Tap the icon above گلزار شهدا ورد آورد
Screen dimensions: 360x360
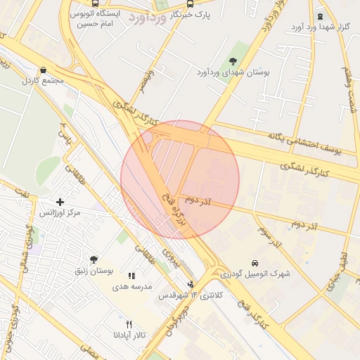point(321,16)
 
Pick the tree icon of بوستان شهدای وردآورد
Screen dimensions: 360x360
point(233,61)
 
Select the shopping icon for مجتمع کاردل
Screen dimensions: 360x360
point(44,70)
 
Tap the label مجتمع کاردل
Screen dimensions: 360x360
point(44,80)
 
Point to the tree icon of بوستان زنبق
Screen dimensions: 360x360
point(94,259)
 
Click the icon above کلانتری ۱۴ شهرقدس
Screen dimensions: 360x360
point(191,285)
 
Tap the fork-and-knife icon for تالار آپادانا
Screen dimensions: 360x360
point(128,324)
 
